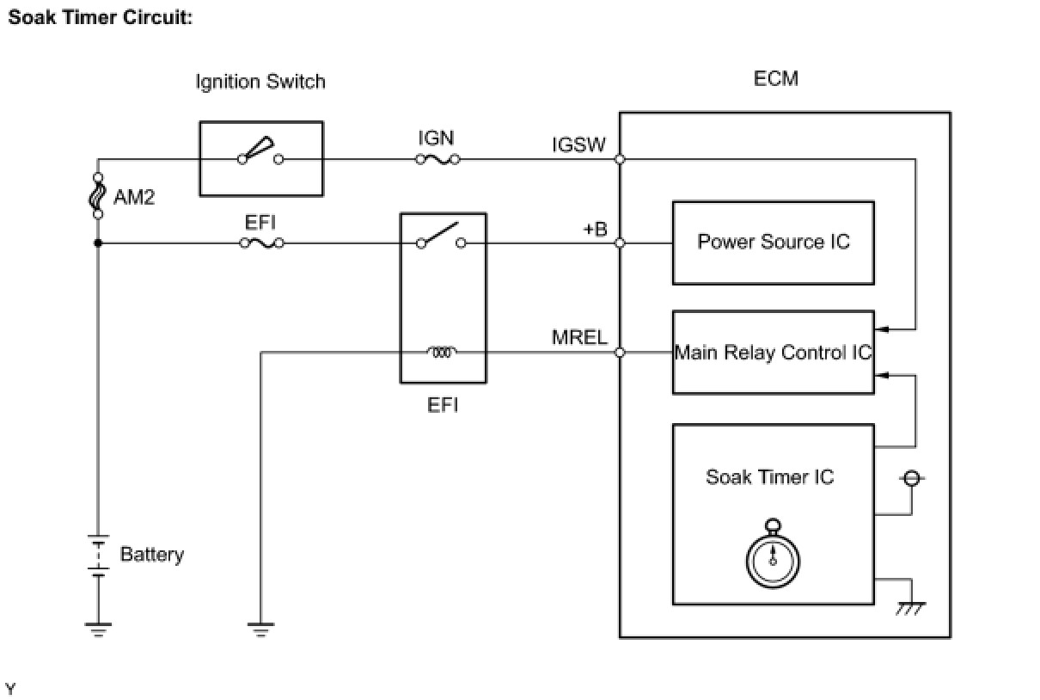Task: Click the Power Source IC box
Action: point(773,243)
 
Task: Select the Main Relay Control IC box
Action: point(773,353)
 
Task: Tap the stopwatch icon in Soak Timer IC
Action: point(773,555)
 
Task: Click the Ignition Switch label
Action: point(260,83)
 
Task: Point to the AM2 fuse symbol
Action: point(98,197)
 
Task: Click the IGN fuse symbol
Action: point(437,159)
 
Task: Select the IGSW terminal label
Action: point(579,145)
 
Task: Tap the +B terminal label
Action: point(593,230)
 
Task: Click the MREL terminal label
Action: point(579,338)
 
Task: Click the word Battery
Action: point(152,555)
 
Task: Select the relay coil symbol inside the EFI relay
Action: point(443,352)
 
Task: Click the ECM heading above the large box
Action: point(775,79)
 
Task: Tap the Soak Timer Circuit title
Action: point(100,17)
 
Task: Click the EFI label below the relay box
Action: point(443,404)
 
